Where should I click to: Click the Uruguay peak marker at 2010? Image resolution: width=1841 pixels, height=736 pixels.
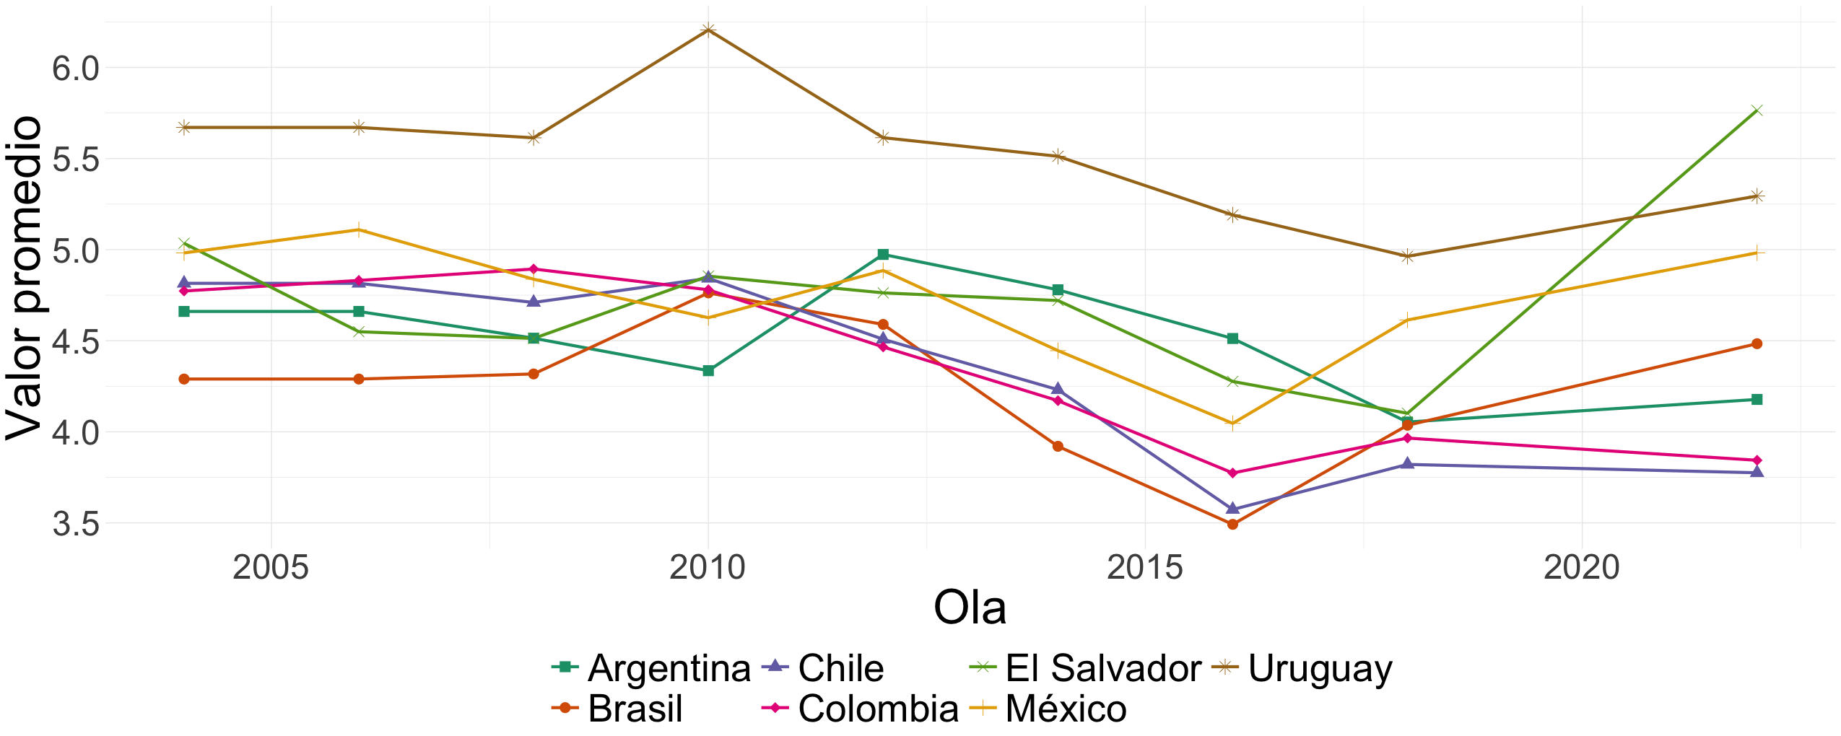tap(708, 30)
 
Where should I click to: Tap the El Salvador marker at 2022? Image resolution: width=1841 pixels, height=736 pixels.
tap(1757, 110)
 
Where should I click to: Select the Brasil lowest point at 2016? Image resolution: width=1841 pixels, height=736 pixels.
tap(1232, 524)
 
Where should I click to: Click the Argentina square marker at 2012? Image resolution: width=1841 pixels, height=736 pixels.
tap(883, 254)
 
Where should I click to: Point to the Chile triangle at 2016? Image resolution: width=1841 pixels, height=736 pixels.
tap(1232, 508)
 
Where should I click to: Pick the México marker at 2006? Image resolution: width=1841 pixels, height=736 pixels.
tap(359, 230)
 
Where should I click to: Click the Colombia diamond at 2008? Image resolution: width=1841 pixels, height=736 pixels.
tap(534, 269)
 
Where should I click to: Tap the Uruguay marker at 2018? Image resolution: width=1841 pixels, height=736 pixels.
tap(1407, 256)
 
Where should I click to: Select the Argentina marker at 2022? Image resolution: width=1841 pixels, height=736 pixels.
tap(1757, 399)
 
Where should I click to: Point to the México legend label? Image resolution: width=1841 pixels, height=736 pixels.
tap(1066, 709)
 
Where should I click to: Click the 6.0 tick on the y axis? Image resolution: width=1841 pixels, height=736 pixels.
tap(75, 69)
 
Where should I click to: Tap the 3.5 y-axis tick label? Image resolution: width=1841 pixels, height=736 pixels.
tap(75, 524)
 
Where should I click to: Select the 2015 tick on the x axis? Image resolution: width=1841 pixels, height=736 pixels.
tap(1144, 568)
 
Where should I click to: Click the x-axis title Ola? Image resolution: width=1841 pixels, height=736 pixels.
tap(969, 608)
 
